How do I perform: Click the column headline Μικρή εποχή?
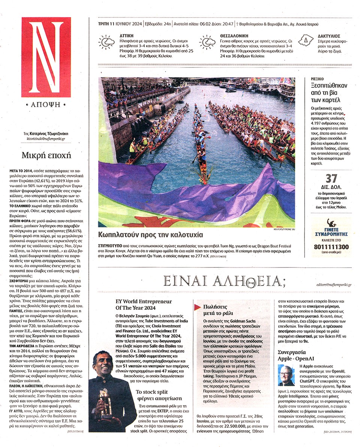[41, 155]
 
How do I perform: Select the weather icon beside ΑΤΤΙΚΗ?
[106, 42]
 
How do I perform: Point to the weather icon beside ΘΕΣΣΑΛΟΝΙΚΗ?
[207, 42]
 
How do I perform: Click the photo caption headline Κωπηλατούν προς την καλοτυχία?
[150, 235]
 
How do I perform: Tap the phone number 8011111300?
[331, 247]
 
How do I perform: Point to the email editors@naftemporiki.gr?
[333, 285]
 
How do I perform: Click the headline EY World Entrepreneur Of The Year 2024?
[144, 304]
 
